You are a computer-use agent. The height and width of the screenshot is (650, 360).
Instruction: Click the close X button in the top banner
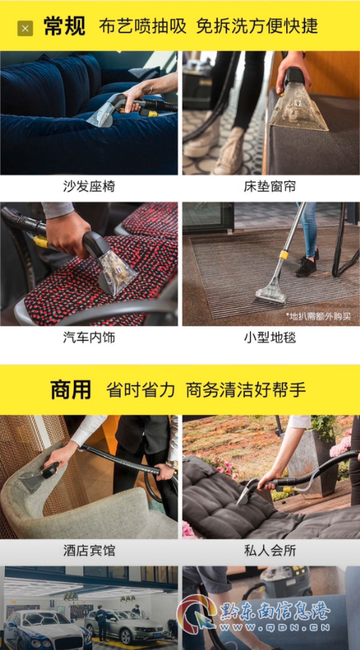[25, 28]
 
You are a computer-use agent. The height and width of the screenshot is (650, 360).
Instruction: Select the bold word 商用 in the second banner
[71, 390]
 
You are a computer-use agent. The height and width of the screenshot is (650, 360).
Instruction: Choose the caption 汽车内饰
[89, 337]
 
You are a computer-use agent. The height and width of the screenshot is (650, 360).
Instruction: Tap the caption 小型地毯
[270, 337]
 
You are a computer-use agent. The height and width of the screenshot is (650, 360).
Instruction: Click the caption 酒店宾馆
[89, 551]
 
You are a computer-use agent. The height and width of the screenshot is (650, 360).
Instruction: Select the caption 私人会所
[270, 551]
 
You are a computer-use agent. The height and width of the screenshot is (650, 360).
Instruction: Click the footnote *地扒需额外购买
[317, 316]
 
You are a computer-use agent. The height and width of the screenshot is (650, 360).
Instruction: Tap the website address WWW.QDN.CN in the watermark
[276, 627]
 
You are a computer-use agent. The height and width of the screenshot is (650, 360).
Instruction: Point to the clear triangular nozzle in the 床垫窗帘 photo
[298, 109]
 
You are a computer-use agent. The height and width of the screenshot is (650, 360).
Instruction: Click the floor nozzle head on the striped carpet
[271, 293]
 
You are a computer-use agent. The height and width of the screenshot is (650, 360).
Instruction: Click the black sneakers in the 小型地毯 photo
[307, 264]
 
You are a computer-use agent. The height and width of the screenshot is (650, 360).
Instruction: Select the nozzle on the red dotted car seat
[117, 270]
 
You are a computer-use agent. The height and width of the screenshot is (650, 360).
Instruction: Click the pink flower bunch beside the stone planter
[342, 445]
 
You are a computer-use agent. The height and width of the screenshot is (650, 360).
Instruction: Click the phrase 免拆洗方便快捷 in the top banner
[257, 26]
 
